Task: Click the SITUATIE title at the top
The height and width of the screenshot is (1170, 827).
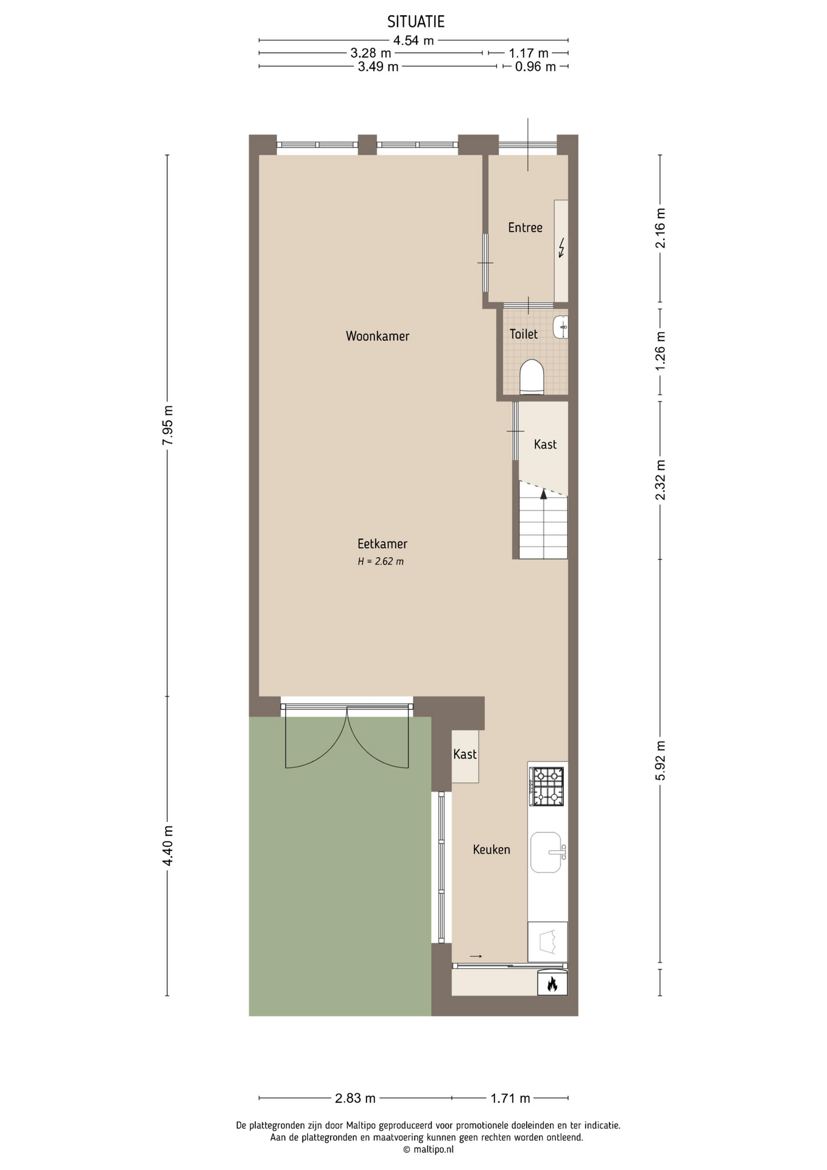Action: pyautogui.click(x=416, y=22)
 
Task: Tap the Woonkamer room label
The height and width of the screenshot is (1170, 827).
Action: pyautogui.click(x=378, y=336)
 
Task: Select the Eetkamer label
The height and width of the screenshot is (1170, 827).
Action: pyautogui.click(x=382, y=544)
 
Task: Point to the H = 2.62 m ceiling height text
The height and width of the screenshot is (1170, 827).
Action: pyautogui.click(x=381, y=561)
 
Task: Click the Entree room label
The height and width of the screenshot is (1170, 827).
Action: pyautogui.click(x=525, y=227)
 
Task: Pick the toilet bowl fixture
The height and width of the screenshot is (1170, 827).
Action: pyautogui.click(x=532, y=377)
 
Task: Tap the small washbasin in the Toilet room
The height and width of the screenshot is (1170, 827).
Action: pyautogui.click(x=561, y=327)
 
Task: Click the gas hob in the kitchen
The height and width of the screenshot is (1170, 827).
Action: pyautogui.click(x=547, y=786)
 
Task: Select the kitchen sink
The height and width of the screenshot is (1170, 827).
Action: pyautogui.click(x=546, y=852)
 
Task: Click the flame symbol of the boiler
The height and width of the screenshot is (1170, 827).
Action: pyautogui.click(x=552, y=984)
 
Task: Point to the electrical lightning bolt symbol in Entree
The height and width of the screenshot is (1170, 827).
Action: pyautogui.click(x=561, y=247)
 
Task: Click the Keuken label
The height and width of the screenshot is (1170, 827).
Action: pyautogui.click(x=491, y=849)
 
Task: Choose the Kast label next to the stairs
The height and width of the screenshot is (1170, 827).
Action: pyautogui.click(x=545, y=444)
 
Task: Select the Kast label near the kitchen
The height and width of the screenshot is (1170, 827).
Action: pyautogui.click(x=465, y=754)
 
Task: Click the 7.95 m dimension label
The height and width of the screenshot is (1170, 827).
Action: pyautogui.click(x=168, y=425)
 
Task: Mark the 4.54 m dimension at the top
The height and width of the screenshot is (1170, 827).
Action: pyautogui.click(x=413, y=41)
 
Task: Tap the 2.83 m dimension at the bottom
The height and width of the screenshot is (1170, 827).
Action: pyautogui.click(x=355, y=1098)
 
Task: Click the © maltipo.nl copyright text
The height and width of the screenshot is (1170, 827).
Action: pyautogui.click(x=428, y=1149)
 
